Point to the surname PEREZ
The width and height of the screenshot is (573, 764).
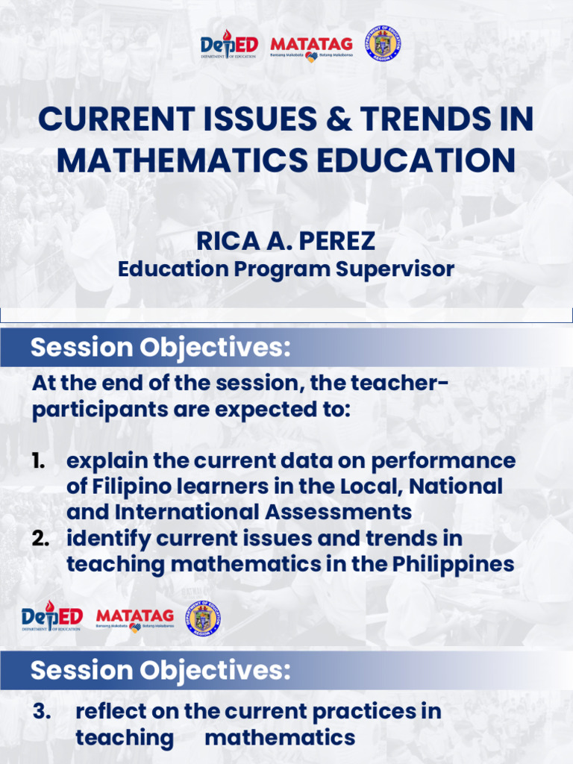tap(336, 242)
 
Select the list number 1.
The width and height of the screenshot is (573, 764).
tap(38, 460)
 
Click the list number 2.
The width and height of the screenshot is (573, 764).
tap(41, 539)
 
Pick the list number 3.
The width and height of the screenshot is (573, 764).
tap(42, 712)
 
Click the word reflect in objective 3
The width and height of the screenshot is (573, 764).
tap(110, 712)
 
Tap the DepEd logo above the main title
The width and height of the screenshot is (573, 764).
tap(229, 46)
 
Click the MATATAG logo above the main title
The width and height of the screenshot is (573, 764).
tap(311, 46)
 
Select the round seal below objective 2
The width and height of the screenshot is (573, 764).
tap(203, 619)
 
